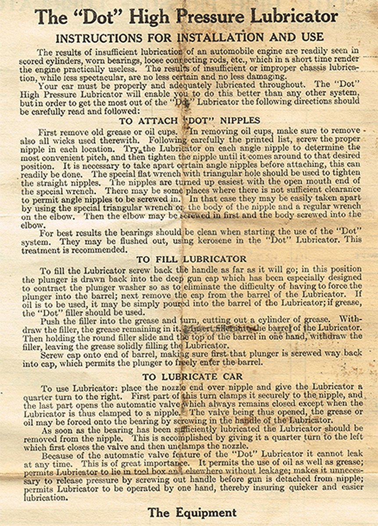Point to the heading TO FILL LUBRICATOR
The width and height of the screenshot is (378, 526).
[191, 259]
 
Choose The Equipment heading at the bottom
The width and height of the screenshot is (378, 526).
[192, 512]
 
